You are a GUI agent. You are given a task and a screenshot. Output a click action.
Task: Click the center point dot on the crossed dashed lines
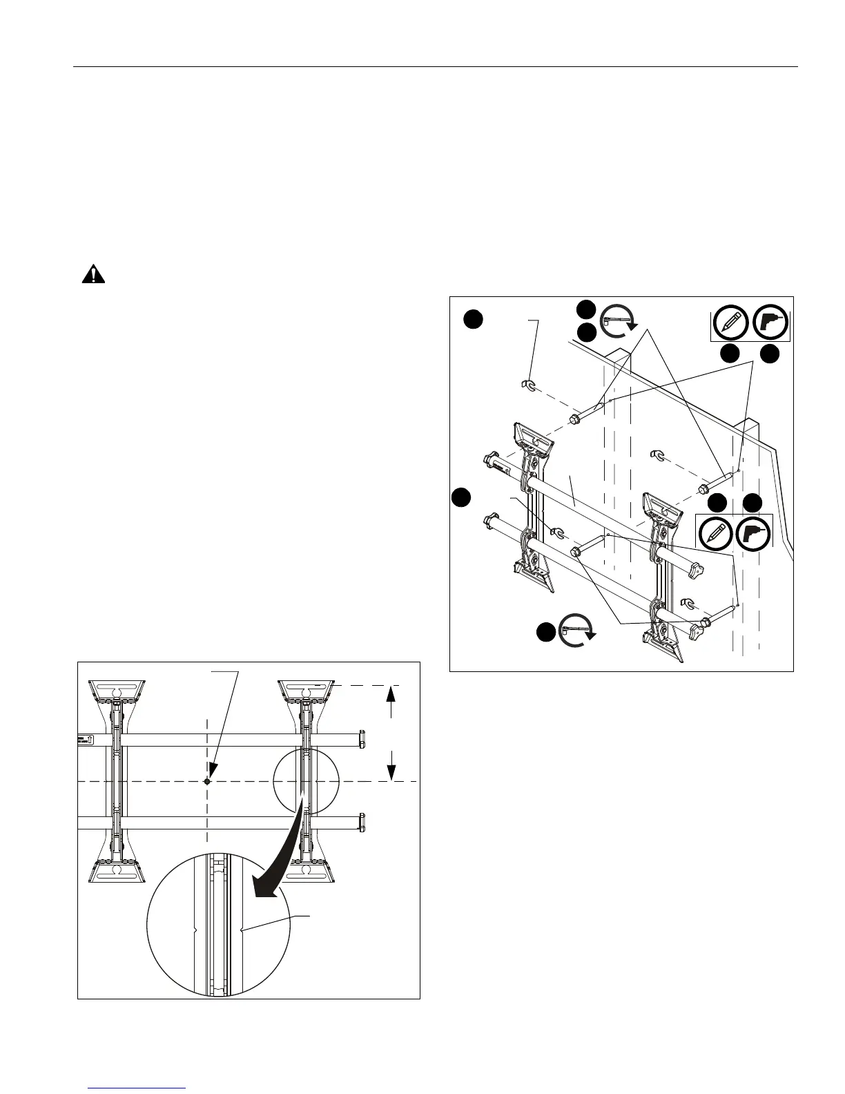point(207,781)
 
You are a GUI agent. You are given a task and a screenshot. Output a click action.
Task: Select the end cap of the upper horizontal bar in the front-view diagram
point(361,739)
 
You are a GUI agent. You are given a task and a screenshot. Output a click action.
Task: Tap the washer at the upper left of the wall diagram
point(528,384)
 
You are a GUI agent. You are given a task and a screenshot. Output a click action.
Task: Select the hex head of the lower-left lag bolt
point(575,552)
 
